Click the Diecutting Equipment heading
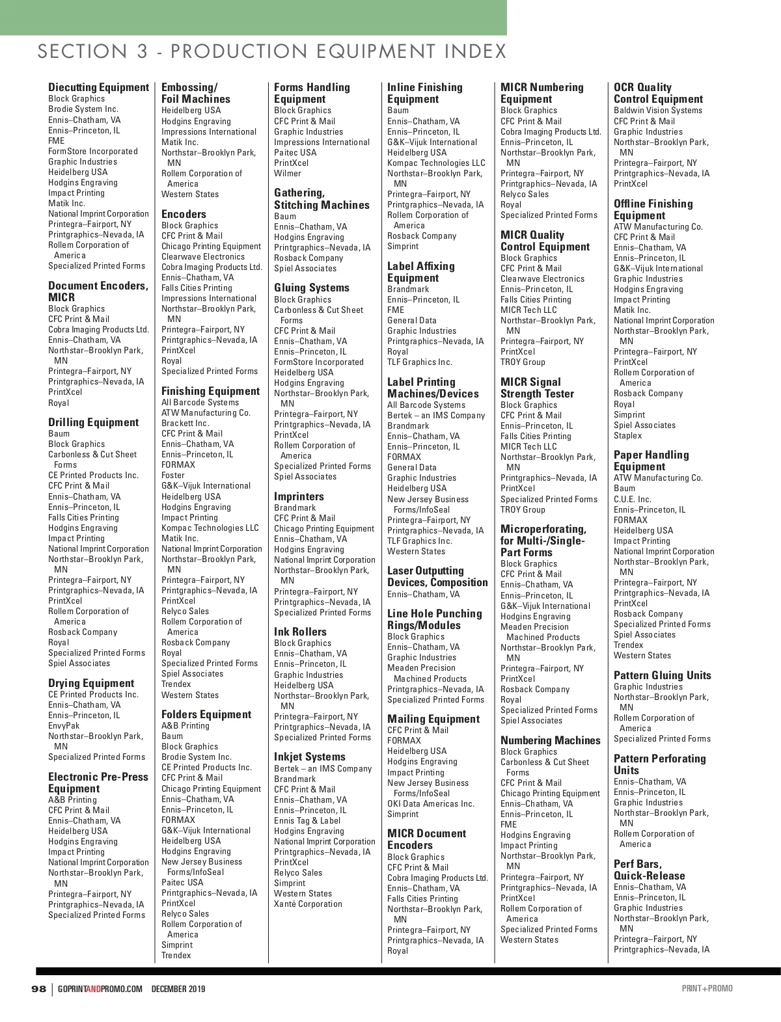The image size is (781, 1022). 98,87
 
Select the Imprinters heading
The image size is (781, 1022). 299,496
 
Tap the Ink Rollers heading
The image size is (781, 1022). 300,632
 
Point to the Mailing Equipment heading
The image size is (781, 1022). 433,719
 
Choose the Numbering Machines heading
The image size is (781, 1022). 550,740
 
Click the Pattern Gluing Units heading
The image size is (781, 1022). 662,675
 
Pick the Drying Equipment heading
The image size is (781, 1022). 91,683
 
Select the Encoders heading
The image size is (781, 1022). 184,214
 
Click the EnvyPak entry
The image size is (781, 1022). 64,725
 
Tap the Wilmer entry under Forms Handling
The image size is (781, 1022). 288,173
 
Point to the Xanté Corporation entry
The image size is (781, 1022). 308,904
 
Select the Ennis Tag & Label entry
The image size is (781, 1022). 307,820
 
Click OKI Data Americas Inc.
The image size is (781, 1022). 431,803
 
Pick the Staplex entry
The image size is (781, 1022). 627,435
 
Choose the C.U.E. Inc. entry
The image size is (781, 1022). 632,499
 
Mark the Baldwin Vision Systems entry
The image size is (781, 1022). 658,110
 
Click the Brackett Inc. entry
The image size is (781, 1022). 185,423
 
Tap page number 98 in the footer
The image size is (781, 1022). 39,989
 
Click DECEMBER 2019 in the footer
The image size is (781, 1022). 178,989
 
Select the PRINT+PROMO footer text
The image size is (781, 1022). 707,988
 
